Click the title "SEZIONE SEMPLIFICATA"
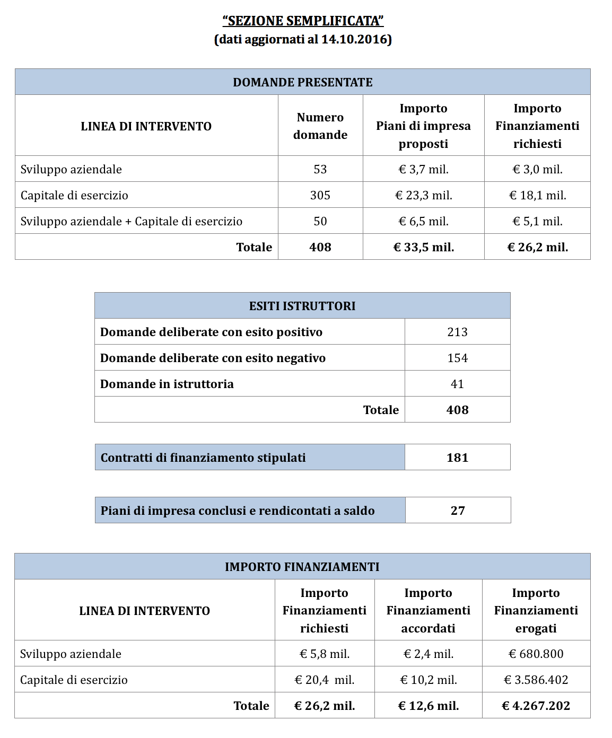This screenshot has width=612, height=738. point(303,21)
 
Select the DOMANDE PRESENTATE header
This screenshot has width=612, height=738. point(303,82)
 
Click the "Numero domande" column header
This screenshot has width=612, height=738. point(320,126)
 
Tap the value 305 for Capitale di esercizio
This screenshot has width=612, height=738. point(320,195)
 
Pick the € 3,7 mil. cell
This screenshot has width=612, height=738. point(423,169)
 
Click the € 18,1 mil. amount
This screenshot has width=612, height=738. point(537,195)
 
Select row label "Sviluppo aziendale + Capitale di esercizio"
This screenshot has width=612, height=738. point(132,221)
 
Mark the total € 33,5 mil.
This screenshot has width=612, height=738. point(423,247)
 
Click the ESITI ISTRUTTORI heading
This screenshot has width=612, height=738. point(302,306)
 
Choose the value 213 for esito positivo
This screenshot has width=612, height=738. point(457,332)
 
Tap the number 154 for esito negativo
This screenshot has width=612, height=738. point(457,358)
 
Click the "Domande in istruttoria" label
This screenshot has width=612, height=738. point(167,384)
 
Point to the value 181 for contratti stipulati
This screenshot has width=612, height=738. point(457,458)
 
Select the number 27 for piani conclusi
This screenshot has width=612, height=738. point(458,511)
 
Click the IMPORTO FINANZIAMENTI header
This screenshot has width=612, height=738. point(302,567)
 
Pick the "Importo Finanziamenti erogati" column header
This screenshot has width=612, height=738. point(536,610)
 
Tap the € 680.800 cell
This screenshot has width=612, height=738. point(536,654)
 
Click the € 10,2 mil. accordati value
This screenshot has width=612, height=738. point(428,680)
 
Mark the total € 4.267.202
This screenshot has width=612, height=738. point(536,706)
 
